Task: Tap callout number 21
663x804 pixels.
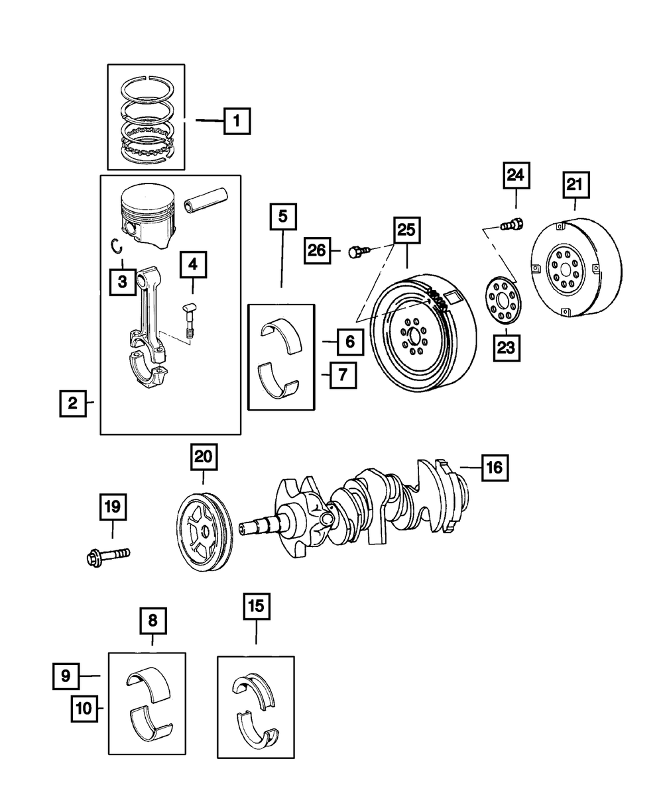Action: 575,186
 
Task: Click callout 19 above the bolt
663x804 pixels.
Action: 112,508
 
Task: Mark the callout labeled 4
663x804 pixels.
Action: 192,266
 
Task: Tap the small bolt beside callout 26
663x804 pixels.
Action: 356,252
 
